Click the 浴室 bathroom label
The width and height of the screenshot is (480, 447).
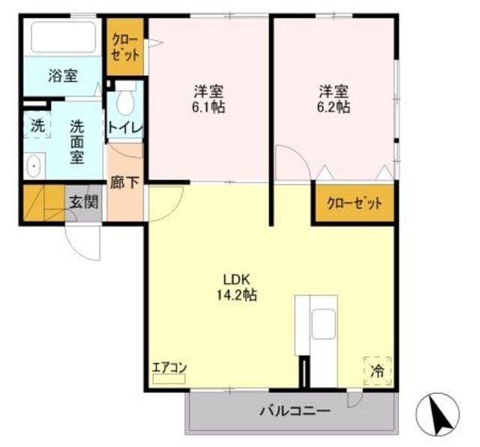pyautogui.click(x=63, y=76)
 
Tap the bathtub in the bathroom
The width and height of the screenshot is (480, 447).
pyautogui.click(x=63, y=36)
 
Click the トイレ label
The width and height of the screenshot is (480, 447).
pyautogui.click(x=124, y=128)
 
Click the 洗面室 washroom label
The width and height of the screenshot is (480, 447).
pyautogui.click(x=77, y=142)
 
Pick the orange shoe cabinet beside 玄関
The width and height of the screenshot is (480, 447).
pyautogui.click(x=43, y=201)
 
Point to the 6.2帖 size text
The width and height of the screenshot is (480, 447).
pyautogui.click(x=334, y=107)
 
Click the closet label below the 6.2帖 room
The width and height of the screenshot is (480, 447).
pyautogui.click(x=354, y=202)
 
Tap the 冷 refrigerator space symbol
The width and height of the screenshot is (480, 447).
pyautogui.click(x=379, y=369)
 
